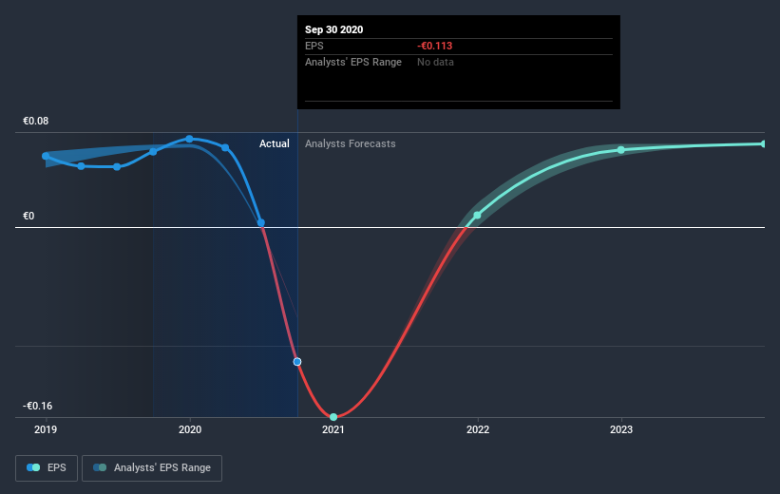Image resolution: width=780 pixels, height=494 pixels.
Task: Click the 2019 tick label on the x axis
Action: (x=46, y=430)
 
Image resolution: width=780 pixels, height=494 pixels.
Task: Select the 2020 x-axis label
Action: (x=190, y=430)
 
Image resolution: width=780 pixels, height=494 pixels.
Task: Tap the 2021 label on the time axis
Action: (x=333, y=430)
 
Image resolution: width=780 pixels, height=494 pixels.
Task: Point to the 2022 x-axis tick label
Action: (x=477, y=430)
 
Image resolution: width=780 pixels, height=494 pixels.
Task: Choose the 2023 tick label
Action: (x=621, y=430)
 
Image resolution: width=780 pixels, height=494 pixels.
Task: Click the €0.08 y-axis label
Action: (x=36, y=121)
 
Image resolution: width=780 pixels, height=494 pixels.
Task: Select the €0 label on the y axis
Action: (x=29, y=216)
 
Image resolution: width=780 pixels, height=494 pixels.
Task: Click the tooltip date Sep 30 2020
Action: (x=334, y=29)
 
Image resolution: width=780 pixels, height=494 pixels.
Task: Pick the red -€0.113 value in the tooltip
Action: (x=435, y=46)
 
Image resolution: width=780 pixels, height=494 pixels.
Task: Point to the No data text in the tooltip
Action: (x=436, y=62)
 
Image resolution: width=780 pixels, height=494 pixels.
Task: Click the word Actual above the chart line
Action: (x=275, y=143)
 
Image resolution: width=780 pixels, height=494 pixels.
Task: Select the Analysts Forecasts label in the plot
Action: (x=351, y=143)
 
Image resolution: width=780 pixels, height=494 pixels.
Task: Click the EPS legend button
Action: (x=47, y=467)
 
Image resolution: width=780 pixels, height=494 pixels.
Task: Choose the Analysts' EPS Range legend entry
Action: (x=153, y=467)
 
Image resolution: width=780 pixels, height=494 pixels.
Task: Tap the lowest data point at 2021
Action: (x=333, y=416)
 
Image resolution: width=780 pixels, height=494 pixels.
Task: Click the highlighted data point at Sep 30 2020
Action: (x=297, y=361)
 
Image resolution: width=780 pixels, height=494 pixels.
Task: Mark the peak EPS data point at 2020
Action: (x=190, y=139)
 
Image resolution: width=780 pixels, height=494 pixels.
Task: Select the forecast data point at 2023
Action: (x=621, y=150)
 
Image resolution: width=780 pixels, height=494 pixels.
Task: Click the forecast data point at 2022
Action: (x=477, y=216)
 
